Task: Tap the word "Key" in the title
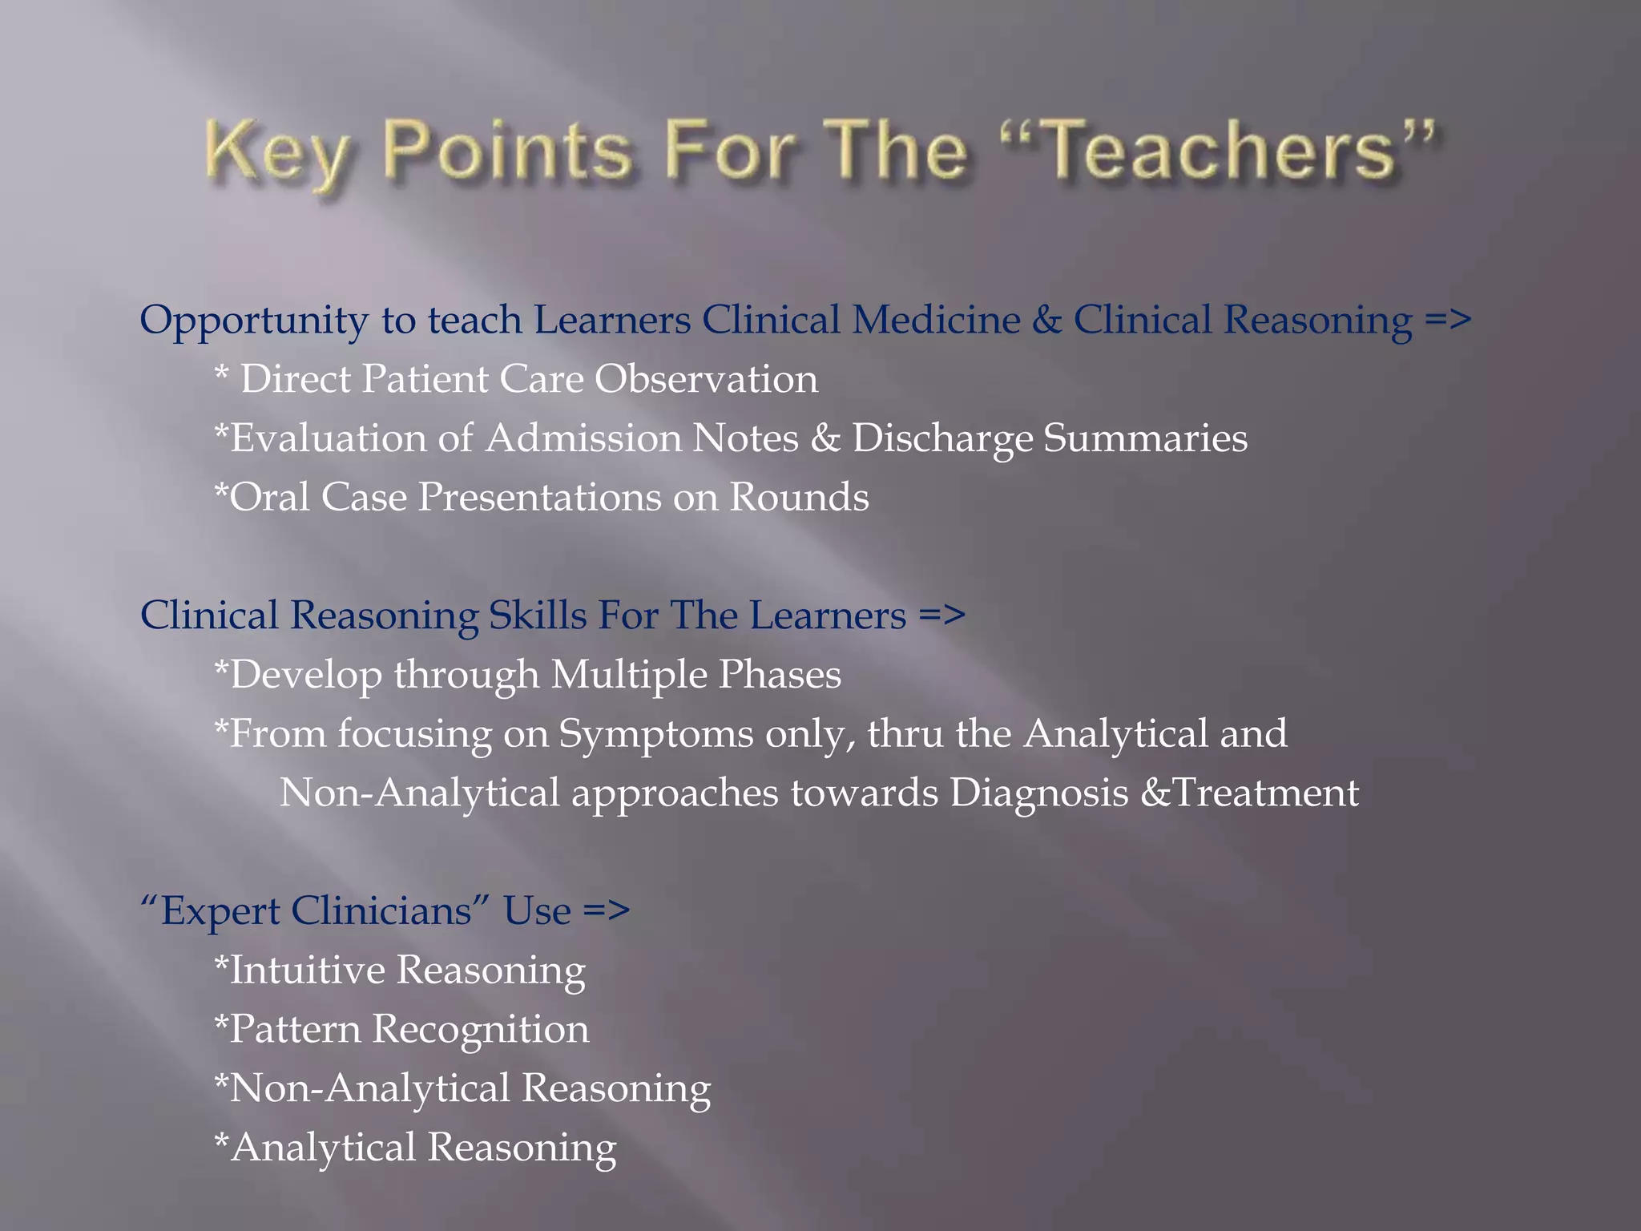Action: (x=276, y=152)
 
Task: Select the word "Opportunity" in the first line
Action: (x=253, y=321)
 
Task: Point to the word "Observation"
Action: (x=706, y=379)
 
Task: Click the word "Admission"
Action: (x=583, y=438)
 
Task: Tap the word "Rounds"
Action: (x=799, y=497)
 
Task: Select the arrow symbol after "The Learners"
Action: (x=942, y=615)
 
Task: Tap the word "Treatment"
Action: (x=1264, y=793)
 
